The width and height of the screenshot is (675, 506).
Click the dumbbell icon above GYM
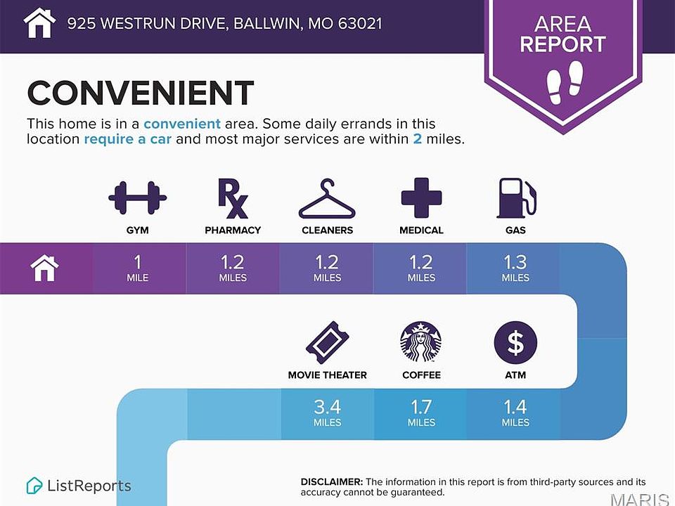point(137,198)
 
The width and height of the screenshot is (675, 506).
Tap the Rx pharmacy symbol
point(233,198)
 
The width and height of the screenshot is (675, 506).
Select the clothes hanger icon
point(327,199)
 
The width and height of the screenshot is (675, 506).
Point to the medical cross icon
point(421,198)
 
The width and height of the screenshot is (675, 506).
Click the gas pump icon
point(517,198)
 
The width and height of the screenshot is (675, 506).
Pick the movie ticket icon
point(328,343)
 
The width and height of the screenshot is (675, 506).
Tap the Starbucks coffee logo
point(421,342)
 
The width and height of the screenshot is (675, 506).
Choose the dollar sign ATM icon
point(515,342)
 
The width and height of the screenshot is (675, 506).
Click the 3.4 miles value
point(327,413)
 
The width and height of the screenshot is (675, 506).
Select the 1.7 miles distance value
point(421,413)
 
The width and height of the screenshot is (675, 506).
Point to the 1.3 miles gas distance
point(515,268)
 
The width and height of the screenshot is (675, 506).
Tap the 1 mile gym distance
point(137,268)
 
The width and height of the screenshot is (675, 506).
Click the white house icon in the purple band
point(45,268)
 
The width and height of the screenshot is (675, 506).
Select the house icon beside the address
point(39,22)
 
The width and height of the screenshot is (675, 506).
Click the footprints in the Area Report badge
point(564,82)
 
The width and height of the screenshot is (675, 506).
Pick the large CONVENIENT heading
point(141,93)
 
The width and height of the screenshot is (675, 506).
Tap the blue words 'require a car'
point(127,139)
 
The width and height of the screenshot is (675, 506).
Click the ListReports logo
point(79,486)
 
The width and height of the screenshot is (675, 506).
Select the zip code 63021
point(360,23)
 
